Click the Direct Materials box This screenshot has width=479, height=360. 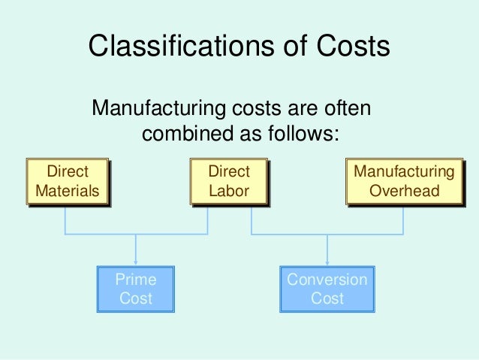click(67, 181)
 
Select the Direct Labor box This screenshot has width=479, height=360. click(229, 181)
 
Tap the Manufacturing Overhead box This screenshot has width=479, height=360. click(404, 181)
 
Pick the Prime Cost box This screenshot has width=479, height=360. click(136, 289)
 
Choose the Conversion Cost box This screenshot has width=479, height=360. click(327, 289)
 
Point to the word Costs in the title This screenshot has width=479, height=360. click(351, 47)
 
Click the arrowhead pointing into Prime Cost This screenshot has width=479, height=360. click(136, 261)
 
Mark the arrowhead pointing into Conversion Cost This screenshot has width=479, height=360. click(327, 261)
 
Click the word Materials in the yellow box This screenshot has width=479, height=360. click(67, 191)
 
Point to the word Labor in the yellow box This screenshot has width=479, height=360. click(229, 191)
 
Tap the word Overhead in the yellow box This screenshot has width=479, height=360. click(404, 191)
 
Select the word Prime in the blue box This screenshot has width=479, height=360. click(136, 280)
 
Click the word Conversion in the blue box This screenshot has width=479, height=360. click(327, 280)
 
